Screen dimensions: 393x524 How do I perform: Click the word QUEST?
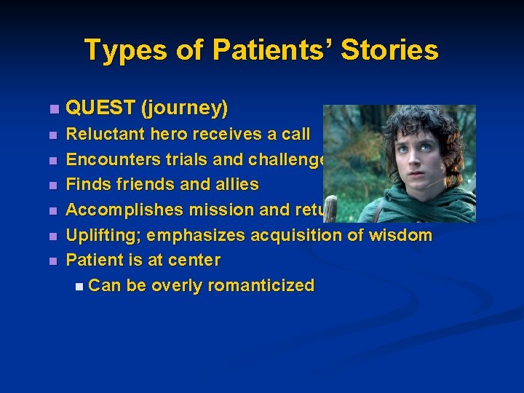point(100,108)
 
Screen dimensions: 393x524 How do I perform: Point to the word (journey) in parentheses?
point(185,108)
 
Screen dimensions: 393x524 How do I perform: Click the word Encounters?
point(108,159)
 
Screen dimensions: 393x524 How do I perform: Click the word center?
point(195,260)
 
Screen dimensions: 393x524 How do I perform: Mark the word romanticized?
point(261,285)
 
